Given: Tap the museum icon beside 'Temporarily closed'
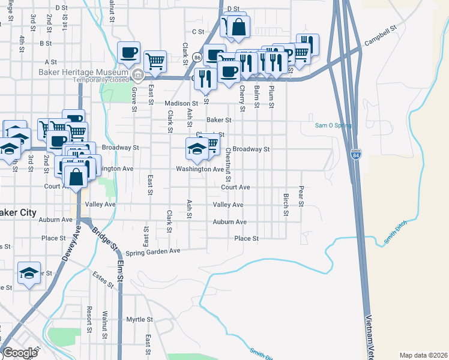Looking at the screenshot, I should pos(138,76).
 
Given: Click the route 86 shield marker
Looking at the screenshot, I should pos(197,58).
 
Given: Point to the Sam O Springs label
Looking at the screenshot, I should pos(334,126).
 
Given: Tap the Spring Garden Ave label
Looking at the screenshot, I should pos(153,251).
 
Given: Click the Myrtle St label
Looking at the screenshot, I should pos(140,319).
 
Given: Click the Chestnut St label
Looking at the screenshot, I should pos(228,166).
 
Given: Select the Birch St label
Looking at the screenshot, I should pos(286,204).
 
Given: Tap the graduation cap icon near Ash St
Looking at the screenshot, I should pos(197,148).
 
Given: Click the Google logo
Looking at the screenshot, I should pos(20,353).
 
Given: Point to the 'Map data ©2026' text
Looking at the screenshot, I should pos(423,355).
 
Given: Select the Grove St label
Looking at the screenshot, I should pos(134,94).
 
